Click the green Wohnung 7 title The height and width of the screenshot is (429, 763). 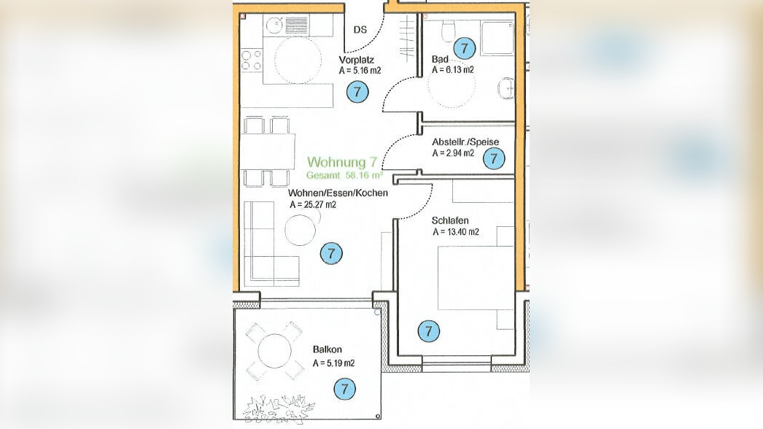pos(342,162)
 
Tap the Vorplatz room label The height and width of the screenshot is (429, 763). pos(356,60)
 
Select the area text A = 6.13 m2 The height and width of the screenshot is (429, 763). pos(452,69)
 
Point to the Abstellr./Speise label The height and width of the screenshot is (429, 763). pos(465,142)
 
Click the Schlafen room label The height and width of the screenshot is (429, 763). pos(450,220)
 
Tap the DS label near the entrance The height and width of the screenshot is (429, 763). pos(360,30)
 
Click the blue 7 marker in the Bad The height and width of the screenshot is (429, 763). pos(464,48)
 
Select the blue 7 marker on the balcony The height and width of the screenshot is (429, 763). pos(344,389)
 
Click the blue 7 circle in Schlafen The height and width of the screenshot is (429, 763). pos(429,331)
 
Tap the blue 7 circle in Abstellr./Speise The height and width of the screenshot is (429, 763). pos(494,158)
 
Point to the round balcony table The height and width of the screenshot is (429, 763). pos(274,351)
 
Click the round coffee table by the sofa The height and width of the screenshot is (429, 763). pos(301,230)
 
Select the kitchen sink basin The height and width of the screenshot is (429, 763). pos(275,24)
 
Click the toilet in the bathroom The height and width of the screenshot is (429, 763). pos(448,31)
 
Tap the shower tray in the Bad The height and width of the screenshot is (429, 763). pos(497,39)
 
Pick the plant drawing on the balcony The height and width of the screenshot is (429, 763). pos(279,409)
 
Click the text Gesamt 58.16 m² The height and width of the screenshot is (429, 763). pos(344,175)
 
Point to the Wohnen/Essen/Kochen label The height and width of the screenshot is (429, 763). pos(338,193)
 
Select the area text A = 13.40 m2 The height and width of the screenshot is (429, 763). pos(456,232)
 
